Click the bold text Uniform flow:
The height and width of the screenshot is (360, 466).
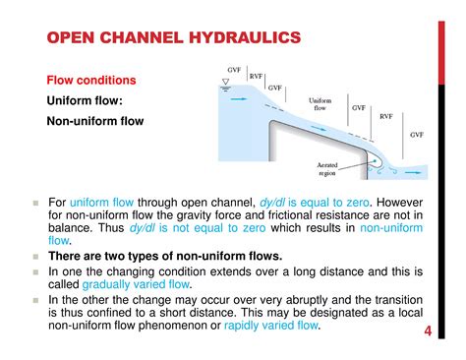click(85, 100)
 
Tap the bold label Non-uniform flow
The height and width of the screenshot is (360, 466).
click(95, 122)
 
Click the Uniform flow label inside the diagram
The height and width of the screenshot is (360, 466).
click(320, 104)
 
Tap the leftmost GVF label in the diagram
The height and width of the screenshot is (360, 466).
click(234, 70)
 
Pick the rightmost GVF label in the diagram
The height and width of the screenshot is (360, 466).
click(417, 133)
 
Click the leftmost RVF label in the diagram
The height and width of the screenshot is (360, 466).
click(256, 76)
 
